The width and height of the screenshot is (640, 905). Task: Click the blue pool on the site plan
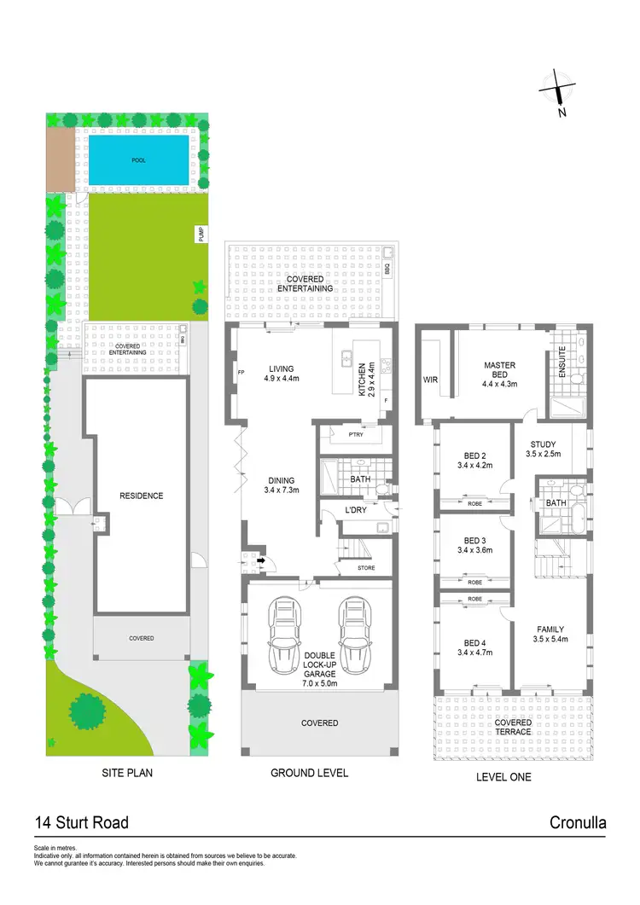pyautogui.click(x=139, y=160)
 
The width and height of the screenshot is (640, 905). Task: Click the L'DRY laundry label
pyautogui.click(x=356, y=510)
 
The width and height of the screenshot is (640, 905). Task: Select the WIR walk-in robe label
pyautogui.click(x=431, y=379)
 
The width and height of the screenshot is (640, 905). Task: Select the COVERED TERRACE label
pyautogui.click(x=513, y=728)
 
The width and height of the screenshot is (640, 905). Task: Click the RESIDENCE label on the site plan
pyautogui.click(x=141, y=496)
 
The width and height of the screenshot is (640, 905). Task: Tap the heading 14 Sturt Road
pyautogui.click(x=81, y=823)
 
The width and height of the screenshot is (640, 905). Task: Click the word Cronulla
pyautogui.click(x=578, y=823)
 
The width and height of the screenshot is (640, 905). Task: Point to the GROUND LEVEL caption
pyautogui.click(x=310, y=774)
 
